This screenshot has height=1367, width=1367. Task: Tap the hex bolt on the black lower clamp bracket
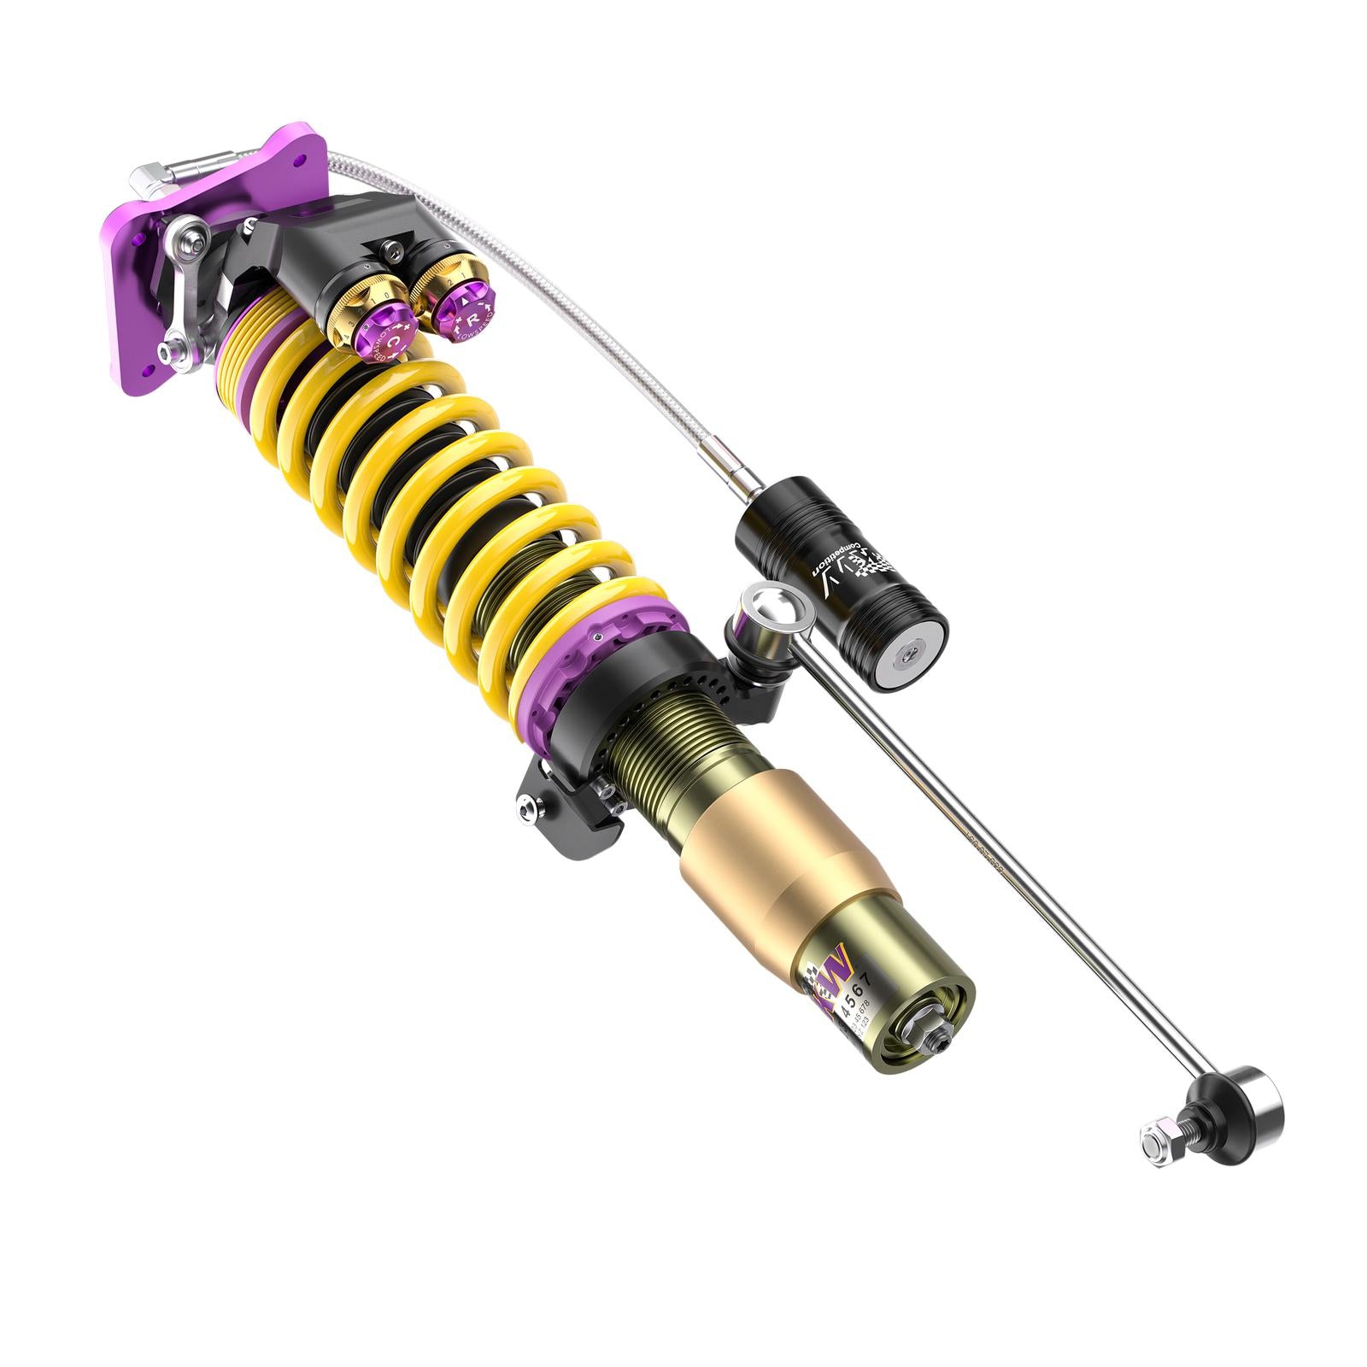(x=531, y=807)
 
